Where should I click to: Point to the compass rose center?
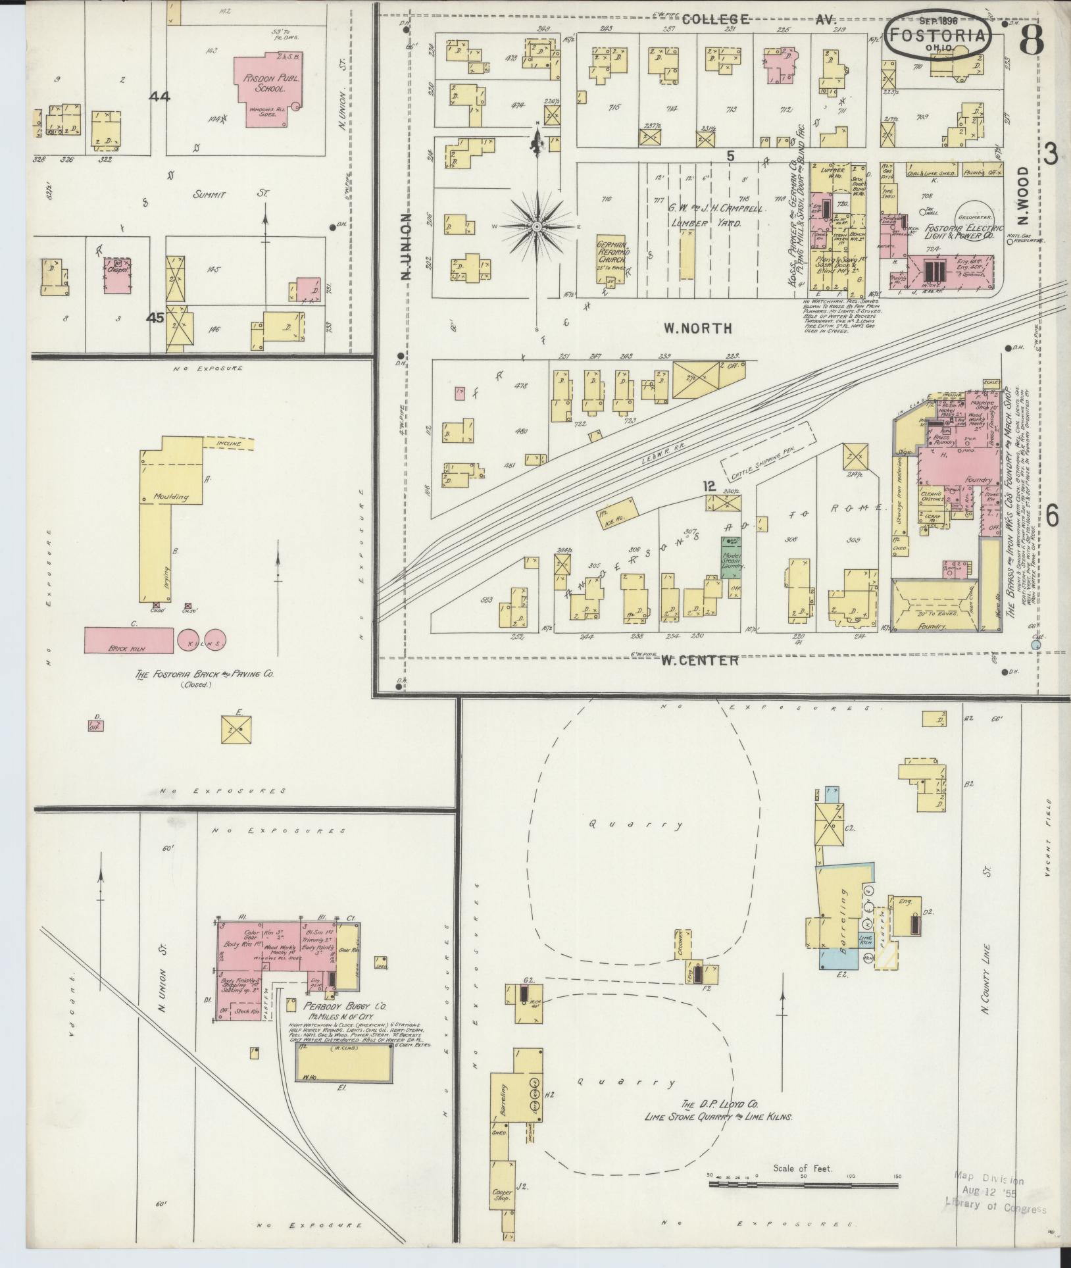pos(537,226)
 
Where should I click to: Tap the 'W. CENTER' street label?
pos(699,660)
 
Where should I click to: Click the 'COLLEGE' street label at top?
pos(715,20)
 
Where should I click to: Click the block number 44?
pos(159,97)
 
